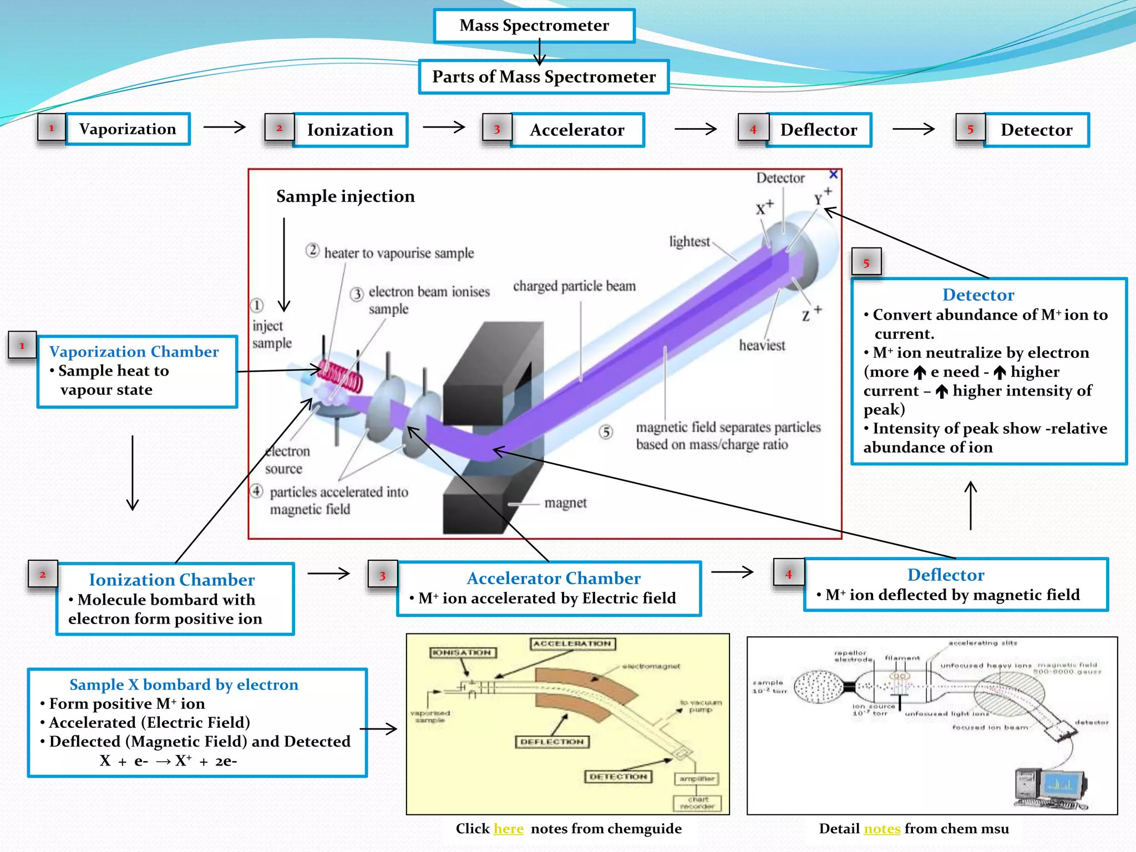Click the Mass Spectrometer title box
pos(534,26)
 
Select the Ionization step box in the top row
pos(350,130)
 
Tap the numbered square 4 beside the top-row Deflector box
pos(753,129)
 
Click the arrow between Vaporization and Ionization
pos(224,127)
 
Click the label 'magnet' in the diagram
pos(565,503)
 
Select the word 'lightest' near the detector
pos(689,241)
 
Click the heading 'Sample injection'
pos(345,196)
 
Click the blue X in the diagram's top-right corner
pos(833,175)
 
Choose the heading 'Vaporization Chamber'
pos(134,352)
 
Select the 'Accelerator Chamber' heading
pos(553,578)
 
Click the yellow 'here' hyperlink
pos(508,828)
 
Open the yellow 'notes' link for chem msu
pos(882,828)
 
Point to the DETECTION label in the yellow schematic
pos(618,777)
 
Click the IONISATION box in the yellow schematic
pos(463,652)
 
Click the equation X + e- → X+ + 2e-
pos(168,760)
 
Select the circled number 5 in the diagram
pos(606,432)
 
